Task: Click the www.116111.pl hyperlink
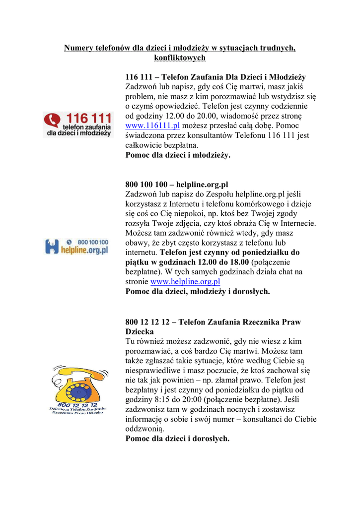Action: tap(152, 126)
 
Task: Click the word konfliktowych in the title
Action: tap(180, 58)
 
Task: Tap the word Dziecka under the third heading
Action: tap(140, 331)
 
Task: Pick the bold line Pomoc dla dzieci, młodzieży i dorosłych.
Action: tap(198, 292)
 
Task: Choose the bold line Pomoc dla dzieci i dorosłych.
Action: tap(177, 439)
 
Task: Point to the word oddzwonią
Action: tap(144, 429)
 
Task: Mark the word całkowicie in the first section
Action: tap(144, 145)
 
